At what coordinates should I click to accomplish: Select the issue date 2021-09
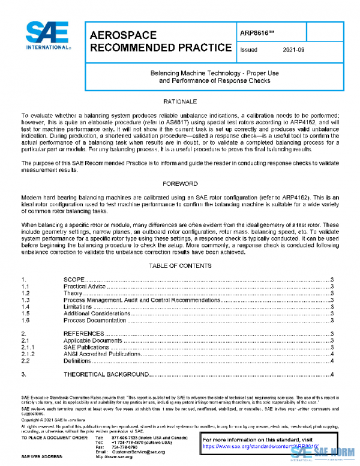click(293, 50)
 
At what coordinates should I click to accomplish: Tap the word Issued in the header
click(248, 50)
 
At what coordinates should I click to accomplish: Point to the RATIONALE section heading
click(179, 102)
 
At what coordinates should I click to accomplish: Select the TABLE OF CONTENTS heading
click(179, 265)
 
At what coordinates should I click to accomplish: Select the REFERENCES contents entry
click(84, 333)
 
